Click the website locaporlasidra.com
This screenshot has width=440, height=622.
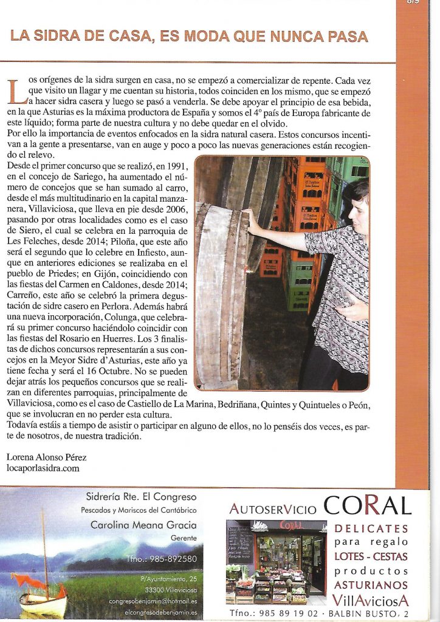click(43, 468)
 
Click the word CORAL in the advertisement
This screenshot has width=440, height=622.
click(367, 506)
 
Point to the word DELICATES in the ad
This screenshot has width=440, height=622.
click(371, 528)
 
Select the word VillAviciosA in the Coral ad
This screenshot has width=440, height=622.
click(371, 601)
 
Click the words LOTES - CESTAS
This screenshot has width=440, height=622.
click(371, 557)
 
